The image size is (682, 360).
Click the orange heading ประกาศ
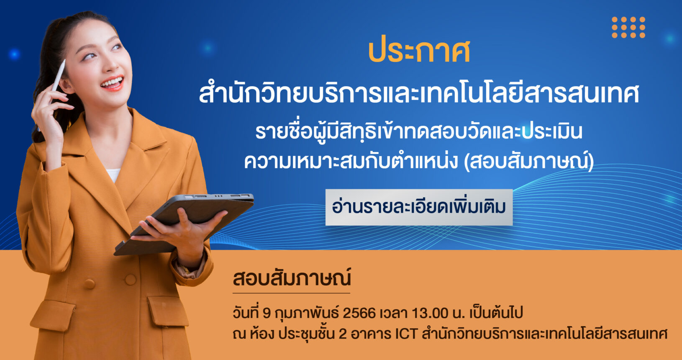point(419,52)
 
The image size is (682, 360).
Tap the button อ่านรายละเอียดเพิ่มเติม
point(419,207)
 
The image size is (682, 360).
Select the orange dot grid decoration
point(628,27)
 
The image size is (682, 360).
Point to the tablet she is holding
point(184,224)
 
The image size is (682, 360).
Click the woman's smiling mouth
point(113,83)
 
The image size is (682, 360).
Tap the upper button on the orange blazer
point(130,279)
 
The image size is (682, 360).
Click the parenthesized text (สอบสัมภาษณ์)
point(528,162)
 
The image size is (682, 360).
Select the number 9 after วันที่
point(267,313)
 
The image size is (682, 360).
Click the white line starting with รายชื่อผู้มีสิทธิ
point(419,131)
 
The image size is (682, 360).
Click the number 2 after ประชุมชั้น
point(343,334)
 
